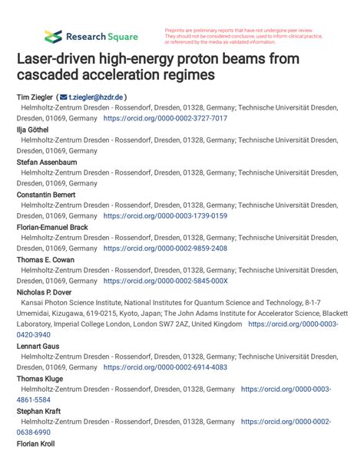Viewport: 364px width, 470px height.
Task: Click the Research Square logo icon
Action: pos(52,36)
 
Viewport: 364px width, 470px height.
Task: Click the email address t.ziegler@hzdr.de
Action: pos(96,97)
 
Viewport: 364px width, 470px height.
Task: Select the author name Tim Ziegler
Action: pos(34,97)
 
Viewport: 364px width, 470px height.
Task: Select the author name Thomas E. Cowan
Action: pos(45,260)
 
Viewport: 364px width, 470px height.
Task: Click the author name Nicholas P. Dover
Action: pos(46,292)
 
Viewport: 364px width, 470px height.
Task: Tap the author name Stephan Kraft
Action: pos(38,411)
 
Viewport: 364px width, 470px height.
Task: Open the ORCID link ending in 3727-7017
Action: pos(165,119)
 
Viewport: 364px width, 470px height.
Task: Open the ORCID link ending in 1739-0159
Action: pos(165,216)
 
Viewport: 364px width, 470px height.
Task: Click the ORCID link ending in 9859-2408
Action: pos(165,248)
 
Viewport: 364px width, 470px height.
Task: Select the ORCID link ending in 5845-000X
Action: pos(165,281)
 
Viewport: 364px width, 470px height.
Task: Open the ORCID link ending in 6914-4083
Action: pos(165,367)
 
